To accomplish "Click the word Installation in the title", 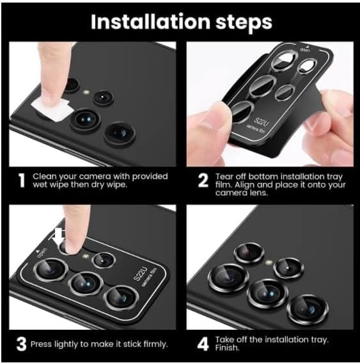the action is pyautogui.click(x=150, y=22).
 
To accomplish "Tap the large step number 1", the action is pyautogui.click(x=22, y=181).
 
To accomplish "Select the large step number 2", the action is pyautogui.click(x=203, y=181).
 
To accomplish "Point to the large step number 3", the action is pyautogui.click(x=22, y=344).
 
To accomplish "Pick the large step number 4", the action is pyautogui.click(x=203, y=344).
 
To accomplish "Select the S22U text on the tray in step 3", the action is pyautogui.click(x=140, y=274).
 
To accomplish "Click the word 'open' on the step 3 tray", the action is pyautogui.click(x=43, y=253).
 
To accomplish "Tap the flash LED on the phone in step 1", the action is pyautogui.click(x=86, y=93).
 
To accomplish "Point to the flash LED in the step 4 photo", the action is pyautogui.click(x=269, y=262).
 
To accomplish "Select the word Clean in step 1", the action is pyautogui.click(x=44, y=177).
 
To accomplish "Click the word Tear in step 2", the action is pyautogui.click(x=223, y=177).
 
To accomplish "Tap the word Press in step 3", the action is pyautogui.click(x=42, y=344).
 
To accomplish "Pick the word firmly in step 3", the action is pyautogui.click(x=155, y=344).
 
